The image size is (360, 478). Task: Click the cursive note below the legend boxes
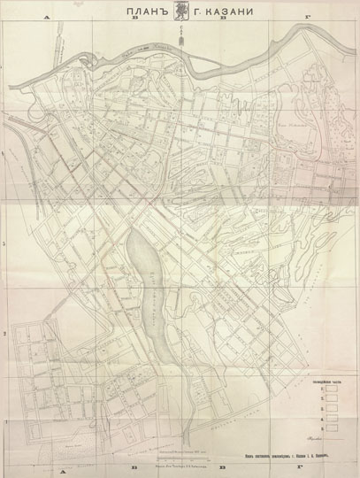coord(311,438)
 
